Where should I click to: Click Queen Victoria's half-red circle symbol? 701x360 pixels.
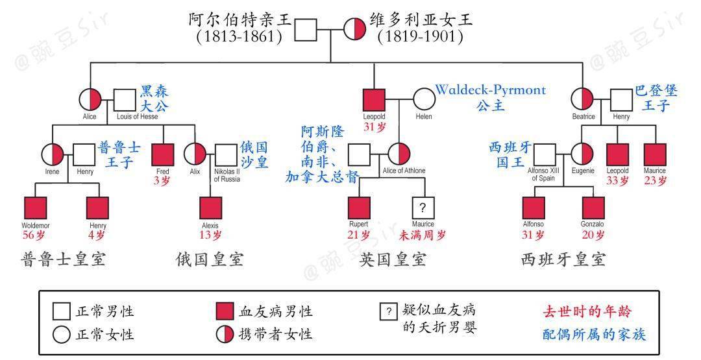coord(355,29)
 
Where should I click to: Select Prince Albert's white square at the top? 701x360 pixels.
coord(305,29)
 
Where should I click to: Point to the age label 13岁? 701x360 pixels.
coord(210,235)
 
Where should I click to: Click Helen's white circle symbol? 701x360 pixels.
coord(423,100)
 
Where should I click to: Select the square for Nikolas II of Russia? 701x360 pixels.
coord(227,154)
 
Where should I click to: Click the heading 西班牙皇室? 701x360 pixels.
coord(563,260)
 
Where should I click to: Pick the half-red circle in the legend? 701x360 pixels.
coord(225,334)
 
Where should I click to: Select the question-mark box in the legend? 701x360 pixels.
coord(388,311)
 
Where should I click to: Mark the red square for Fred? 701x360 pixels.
coord(162,154)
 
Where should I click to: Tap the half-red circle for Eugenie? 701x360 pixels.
coord(582,154)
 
